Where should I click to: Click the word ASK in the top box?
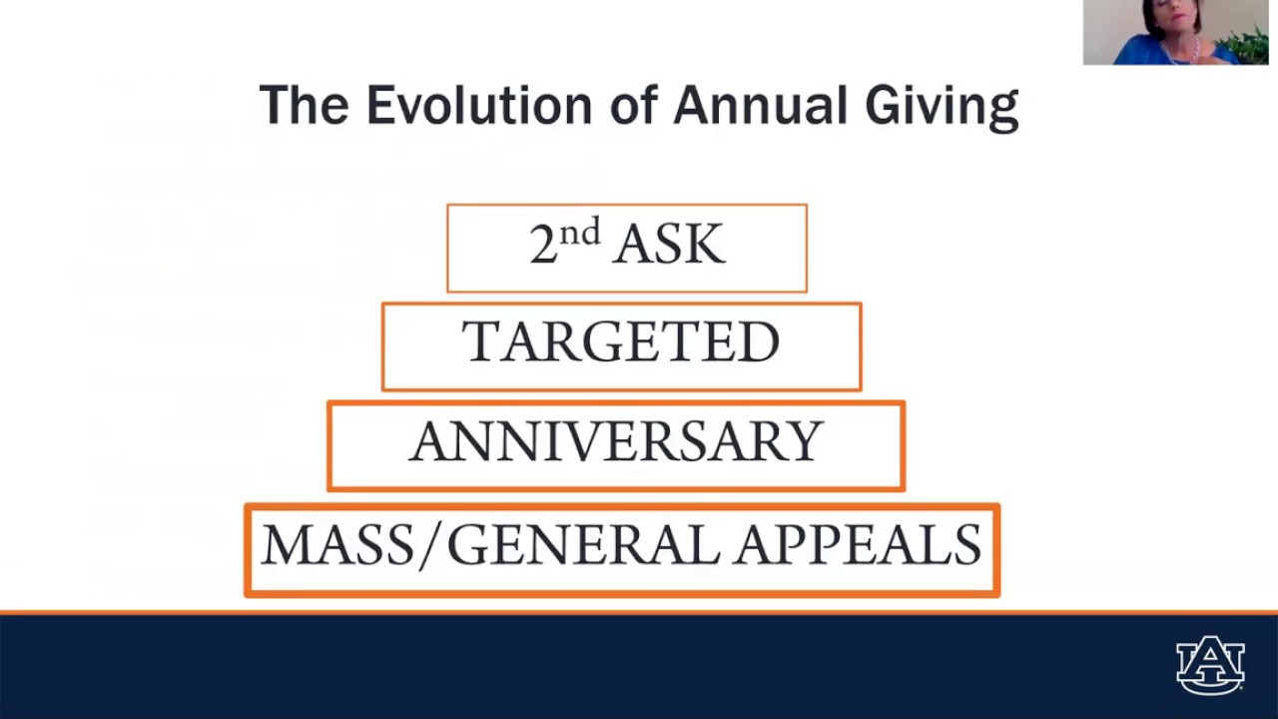[670, 245]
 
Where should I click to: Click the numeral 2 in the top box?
[542, 245]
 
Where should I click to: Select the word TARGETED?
[620, 343]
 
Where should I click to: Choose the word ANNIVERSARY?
[616, 442]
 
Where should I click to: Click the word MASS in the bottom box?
[334, 545]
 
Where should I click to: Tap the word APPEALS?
[859, 545]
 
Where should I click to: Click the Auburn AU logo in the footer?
[1210, 664]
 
